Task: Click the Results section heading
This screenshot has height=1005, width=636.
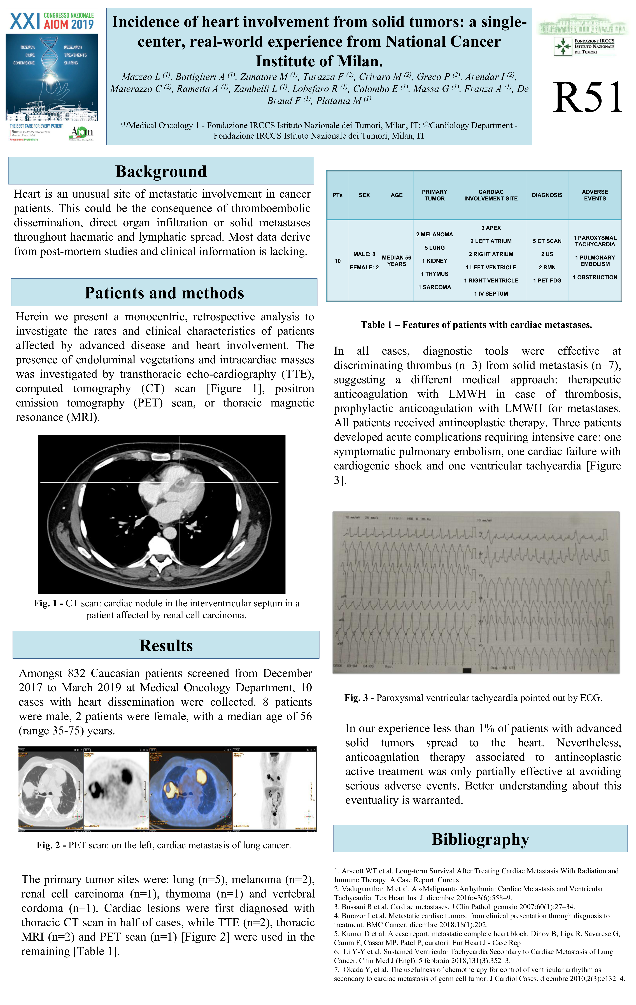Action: point(166,645)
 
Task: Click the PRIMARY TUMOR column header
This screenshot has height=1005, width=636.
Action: point(434,195)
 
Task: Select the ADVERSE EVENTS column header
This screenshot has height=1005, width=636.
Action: point(595,195)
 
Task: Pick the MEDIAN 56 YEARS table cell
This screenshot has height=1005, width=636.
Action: point(396,261)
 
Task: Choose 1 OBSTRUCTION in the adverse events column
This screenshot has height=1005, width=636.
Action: point(595,277)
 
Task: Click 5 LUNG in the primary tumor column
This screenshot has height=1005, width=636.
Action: point(434,247)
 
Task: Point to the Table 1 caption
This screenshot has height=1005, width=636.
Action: point(476,325)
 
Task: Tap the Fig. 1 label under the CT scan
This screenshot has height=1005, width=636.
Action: point(48,604)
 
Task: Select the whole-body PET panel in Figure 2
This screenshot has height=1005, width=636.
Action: point(274,790)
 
